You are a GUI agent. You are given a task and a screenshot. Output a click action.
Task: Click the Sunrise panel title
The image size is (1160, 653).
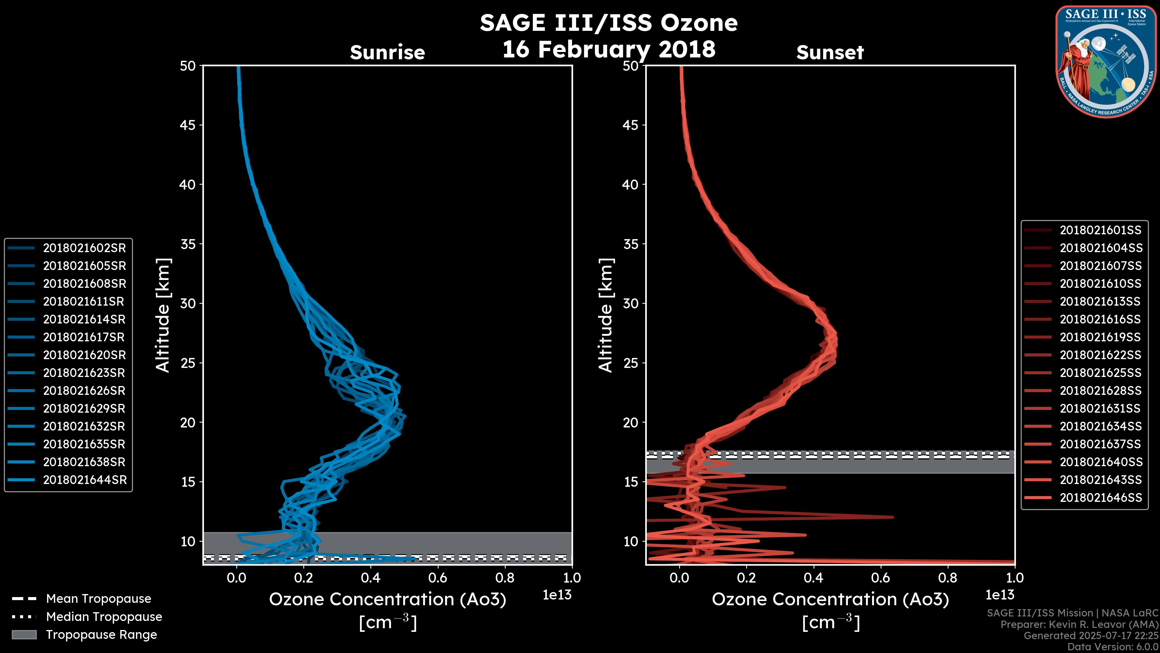tap(387, 52)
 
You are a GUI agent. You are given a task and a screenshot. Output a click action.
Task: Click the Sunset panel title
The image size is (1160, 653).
tap(830, 52)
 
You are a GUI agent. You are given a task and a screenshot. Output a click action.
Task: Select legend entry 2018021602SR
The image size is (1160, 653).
tap(84, 248)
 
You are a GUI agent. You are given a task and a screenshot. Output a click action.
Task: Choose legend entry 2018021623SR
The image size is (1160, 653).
tap(84, 373)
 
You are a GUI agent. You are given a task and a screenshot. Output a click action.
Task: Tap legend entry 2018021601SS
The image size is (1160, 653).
tap(1100, 230)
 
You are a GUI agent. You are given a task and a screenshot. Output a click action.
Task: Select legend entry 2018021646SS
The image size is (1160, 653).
tap(1100, 498)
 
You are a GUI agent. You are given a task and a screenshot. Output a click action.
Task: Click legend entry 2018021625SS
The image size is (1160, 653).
tap(1100, 373)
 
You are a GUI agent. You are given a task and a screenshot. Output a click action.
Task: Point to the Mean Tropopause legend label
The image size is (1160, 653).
tap(98, 599)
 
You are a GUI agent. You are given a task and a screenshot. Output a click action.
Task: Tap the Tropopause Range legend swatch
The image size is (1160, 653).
tap(24, 635)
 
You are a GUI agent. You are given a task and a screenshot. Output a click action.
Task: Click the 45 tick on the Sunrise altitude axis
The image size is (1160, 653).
tap(188, 125)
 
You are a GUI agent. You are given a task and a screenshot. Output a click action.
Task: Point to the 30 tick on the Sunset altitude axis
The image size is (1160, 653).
tap(630, 303)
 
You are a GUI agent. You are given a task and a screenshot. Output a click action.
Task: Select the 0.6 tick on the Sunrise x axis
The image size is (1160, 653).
tap(438, 578)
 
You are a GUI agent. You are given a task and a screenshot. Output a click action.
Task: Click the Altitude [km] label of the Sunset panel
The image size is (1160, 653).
tap(606, 315)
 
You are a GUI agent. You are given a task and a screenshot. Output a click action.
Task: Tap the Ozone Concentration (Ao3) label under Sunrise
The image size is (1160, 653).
tap(387, 599)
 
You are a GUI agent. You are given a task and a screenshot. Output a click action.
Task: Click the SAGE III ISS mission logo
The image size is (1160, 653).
tap(1106, 61)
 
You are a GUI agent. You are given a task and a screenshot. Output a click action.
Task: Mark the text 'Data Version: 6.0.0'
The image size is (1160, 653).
tap(1112, 647)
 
